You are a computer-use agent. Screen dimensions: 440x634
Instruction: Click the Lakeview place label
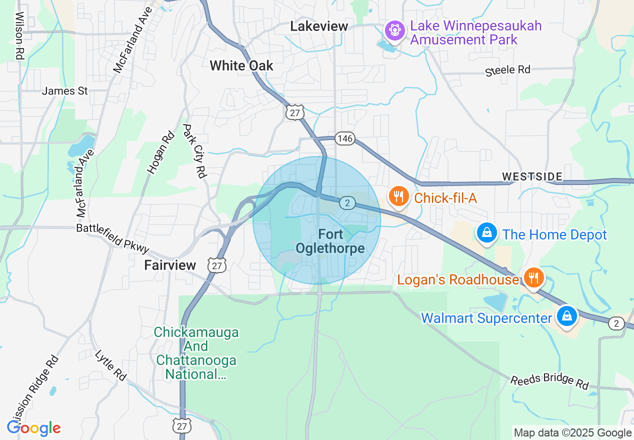[x=319, y=26]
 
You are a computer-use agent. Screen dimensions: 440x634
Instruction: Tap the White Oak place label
[x=241, y=65]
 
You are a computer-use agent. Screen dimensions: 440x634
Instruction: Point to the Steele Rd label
[x=507, y=70]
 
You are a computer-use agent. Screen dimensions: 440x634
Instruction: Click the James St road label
[x=65, y=91]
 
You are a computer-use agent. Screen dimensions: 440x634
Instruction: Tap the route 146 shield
[x=345, y=138]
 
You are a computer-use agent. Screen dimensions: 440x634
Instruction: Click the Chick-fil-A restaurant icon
[x=398, y=196]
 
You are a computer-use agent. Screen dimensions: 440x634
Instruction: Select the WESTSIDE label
[x=532, y=176]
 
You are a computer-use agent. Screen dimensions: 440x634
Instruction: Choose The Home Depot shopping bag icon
[x=486, y=233]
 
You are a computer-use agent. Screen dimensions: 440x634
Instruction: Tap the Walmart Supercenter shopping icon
[x=566, y=316]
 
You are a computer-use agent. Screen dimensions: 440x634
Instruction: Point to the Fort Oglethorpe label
[x=330, y=241]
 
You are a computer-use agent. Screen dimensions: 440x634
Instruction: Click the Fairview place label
[x=170, y=265]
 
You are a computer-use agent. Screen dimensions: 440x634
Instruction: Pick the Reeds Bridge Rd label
[x=549, y=381]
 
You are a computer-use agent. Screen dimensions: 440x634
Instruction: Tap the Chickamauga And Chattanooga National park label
[x=196, y=353]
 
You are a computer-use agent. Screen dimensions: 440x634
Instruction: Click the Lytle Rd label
[x=110, y=364]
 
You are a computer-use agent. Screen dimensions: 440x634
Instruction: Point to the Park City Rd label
[x=194, y=150]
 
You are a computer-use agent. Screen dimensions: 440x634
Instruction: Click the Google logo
[x=33, y=428]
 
